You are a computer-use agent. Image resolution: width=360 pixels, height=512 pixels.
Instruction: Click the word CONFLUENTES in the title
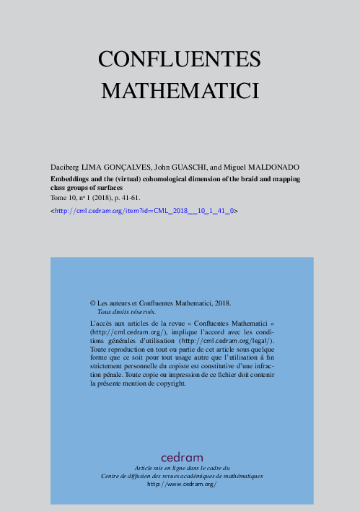[x=180, y=59]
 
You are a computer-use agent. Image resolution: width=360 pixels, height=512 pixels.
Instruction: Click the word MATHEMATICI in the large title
[x=180, y=92]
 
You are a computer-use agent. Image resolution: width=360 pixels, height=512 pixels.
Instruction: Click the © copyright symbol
[x=92, y=305]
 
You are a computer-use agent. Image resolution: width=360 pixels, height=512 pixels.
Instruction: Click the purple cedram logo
[x=182, y=457]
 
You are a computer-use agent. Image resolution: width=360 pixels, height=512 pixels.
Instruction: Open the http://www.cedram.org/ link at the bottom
[x=182, y=485]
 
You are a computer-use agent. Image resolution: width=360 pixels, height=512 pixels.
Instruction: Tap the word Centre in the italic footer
[x=110, y=477]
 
